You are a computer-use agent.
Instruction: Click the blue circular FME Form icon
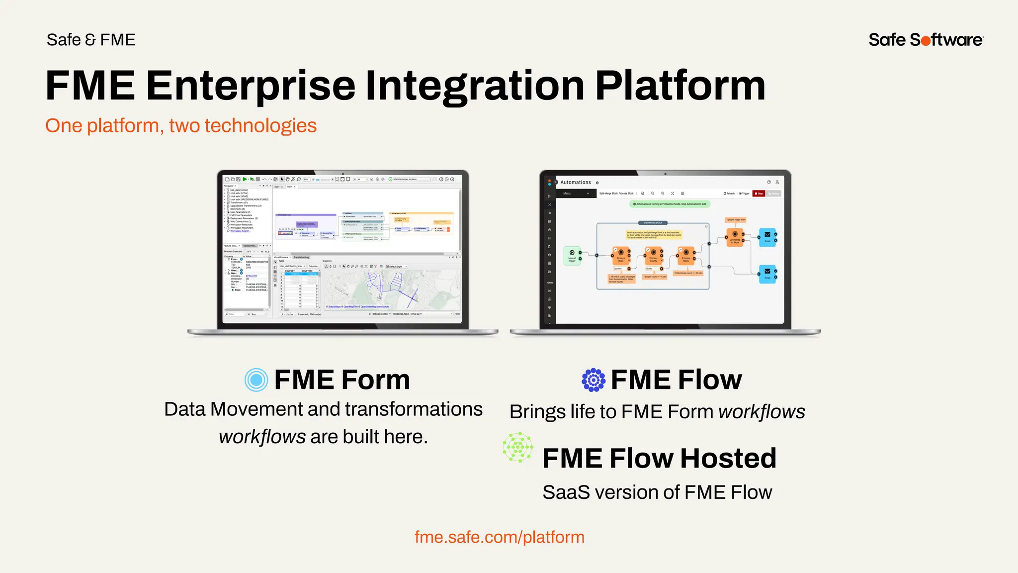tap(256, 380)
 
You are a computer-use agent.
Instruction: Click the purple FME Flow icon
tap(594, 380)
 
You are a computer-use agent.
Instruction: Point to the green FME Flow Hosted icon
tap(518, 447)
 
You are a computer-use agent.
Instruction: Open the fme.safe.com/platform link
tap(499, 537)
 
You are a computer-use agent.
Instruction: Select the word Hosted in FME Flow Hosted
tap(728, 458)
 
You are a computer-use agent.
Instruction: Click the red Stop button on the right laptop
tap(759, 193)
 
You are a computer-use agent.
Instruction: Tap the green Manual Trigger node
tap(572, 255)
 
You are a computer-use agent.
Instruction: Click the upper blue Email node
tap(767, 236)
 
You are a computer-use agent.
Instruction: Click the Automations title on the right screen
tap(576, 183)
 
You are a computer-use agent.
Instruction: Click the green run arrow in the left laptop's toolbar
tap(245, 179)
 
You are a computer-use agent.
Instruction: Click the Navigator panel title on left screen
tap(229, 186)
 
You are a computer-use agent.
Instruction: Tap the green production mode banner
tap(670, 204)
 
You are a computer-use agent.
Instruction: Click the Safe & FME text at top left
tap(91, 40)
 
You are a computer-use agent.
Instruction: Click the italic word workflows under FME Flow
tap(762, 412)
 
